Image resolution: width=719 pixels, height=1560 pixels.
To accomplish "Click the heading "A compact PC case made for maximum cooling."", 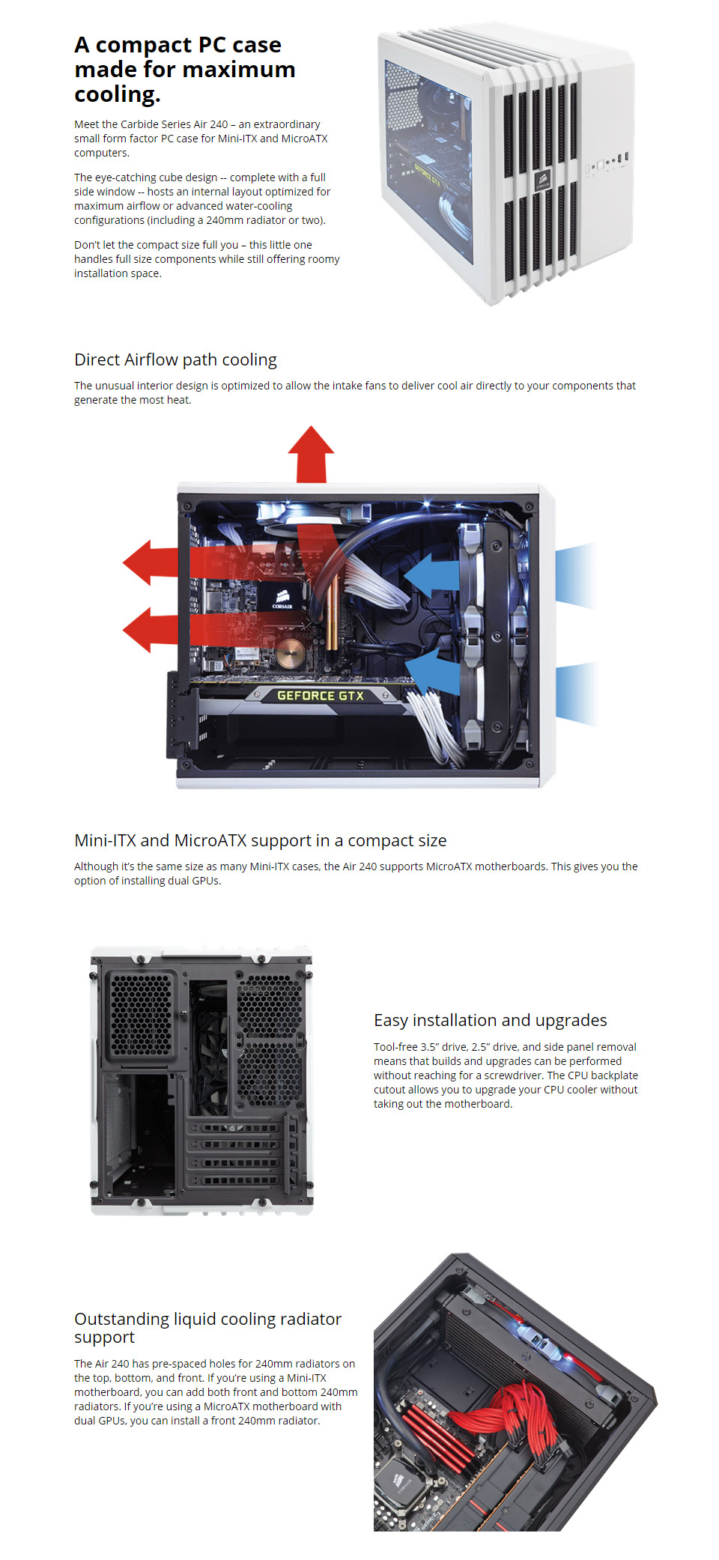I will pos(184,70).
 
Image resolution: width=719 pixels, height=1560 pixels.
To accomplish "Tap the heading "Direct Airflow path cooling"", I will pos(175,360).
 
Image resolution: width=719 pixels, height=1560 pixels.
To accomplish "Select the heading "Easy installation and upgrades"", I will pos(490,1021).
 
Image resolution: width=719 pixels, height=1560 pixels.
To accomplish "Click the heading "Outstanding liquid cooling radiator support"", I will pos(207,1328).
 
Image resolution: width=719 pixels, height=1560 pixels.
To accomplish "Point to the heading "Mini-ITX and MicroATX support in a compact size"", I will pos(260,841).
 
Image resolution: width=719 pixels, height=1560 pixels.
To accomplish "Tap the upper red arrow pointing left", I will pos(150,562).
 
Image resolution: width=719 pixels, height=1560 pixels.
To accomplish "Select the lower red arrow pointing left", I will pos(150,629).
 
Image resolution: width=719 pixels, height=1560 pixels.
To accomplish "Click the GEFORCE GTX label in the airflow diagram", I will pos(320,696).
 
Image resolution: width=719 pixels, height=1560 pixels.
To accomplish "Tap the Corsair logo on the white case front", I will pos(543,180).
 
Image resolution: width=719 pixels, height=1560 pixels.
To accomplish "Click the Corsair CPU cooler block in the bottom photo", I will pos(401,1483).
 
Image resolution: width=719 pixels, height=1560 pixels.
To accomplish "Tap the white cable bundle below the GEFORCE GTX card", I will pos(434,723).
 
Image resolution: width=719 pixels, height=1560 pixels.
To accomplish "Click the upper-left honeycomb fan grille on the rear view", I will pos(140,1015).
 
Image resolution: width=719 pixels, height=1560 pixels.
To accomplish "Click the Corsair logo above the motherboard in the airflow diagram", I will pos(282,600).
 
